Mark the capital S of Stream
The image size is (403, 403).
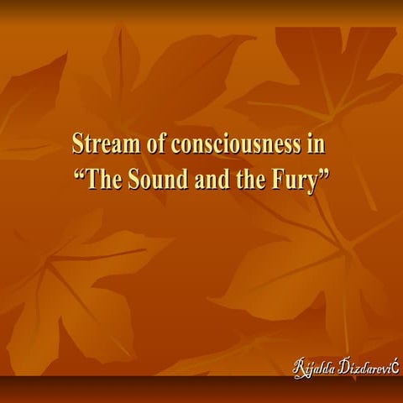[x=78, y=144]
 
